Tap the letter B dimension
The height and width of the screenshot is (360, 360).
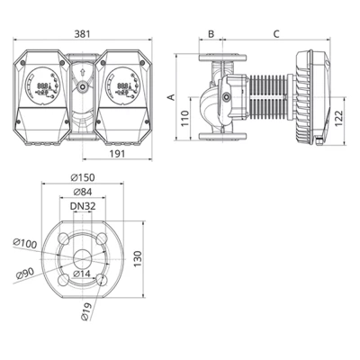[x=210, y=34]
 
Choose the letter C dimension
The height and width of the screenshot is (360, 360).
[x=274, y=34]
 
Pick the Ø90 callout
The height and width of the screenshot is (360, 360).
[x=26, y=273]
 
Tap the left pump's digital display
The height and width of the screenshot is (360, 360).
[x=42, y=87]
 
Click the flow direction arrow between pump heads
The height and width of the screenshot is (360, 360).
[x=82, y=67]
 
